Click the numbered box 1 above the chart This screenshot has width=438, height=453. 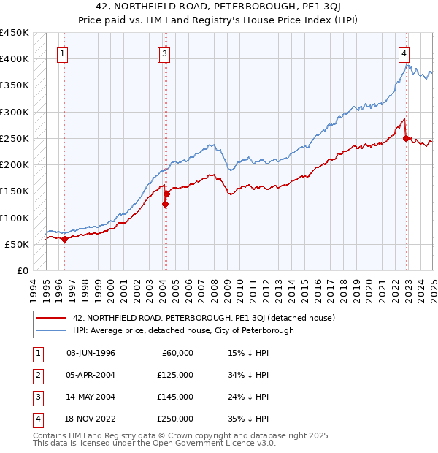tap(63, 53)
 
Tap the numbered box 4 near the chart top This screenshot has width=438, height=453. tap(404, 53)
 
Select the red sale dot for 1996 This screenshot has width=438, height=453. tap(64, 239)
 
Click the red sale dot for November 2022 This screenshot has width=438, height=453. tap(407, 139)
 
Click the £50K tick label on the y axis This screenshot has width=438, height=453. tap(18, 244)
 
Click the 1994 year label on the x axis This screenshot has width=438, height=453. tap(34, 289)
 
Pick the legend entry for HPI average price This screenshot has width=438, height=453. tap(182, 330)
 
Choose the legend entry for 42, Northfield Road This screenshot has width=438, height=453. tap(203, 318)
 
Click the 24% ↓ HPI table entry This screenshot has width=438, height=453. tap(249, 397)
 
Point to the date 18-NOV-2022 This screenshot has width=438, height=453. tap(91, 419)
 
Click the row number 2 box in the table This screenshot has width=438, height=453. tap(37, 375)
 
